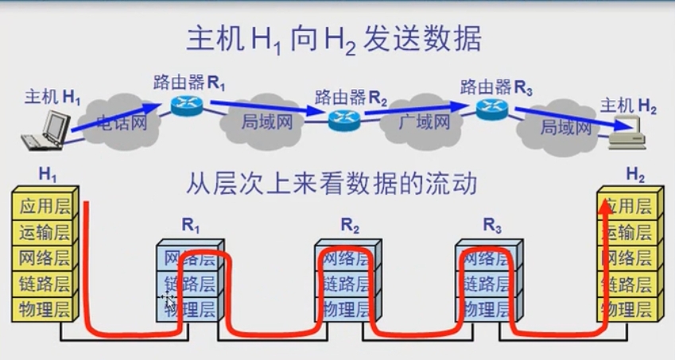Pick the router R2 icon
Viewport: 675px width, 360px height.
pos(343,118)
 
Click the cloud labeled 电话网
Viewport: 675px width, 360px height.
pos(121,123)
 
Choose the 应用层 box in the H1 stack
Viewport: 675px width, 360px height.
pos(45,207)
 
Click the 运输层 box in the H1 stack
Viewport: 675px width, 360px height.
pos(45,232)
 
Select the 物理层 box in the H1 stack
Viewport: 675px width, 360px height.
pos(45,308)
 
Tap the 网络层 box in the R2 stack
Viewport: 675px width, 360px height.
pos(343,259)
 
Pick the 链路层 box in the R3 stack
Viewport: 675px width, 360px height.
pos(487,284)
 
